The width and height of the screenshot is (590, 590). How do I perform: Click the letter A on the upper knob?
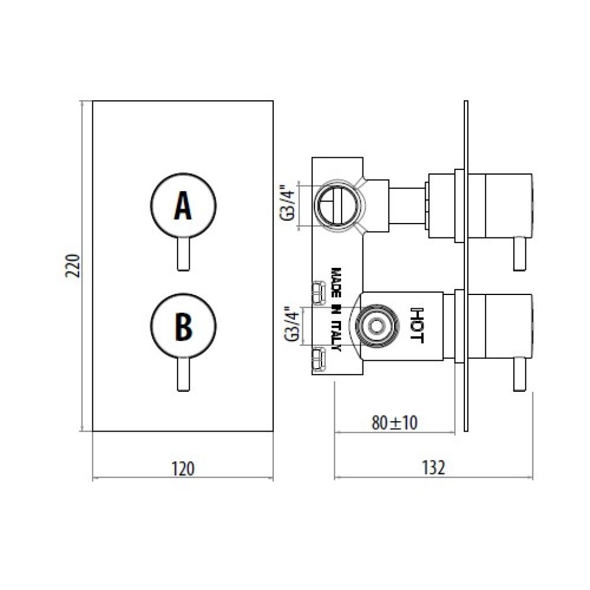[x=183, y=206]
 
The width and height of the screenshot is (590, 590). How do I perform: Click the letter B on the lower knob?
[x=184, y=326]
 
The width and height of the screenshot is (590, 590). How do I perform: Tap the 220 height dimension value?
[x=73, y=266]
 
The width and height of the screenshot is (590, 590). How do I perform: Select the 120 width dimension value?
[x=183, y=469]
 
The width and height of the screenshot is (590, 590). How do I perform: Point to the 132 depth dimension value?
[x=433, y=468]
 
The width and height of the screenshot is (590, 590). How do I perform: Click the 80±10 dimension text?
[x=394, y=423]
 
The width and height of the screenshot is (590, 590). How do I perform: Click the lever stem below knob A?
[x=183, y=254]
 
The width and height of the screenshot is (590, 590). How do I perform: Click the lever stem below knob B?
[x=183, y=375]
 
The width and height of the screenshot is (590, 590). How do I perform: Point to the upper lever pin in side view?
[x=519, y=254]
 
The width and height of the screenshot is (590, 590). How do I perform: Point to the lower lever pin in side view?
[x=519, y=374]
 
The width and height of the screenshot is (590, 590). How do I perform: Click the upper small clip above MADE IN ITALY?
[x=319, y=292]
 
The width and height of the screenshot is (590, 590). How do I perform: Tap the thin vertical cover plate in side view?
[x=466, y=266]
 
